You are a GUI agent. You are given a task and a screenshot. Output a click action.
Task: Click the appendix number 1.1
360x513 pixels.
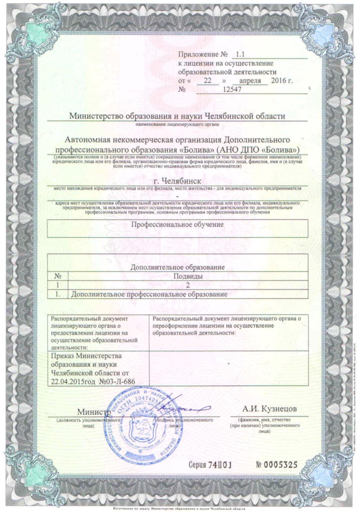coord(239,55)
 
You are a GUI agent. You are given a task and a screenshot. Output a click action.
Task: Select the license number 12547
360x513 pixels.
coord(232,90)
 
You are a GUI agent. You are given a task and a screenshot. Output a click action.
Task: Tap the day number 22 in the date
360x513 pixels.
coord(208,81)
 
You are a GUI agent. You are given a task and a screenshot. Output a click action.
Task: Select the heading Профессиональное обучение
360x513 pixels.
coord(177,224)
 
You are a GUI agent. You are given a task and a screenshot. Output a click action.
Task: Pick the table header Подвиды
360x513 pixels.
coord(188,276)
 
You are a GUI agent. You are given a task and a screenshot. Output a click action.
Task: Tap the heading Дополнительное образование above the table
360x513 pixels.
coord(177,267)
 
